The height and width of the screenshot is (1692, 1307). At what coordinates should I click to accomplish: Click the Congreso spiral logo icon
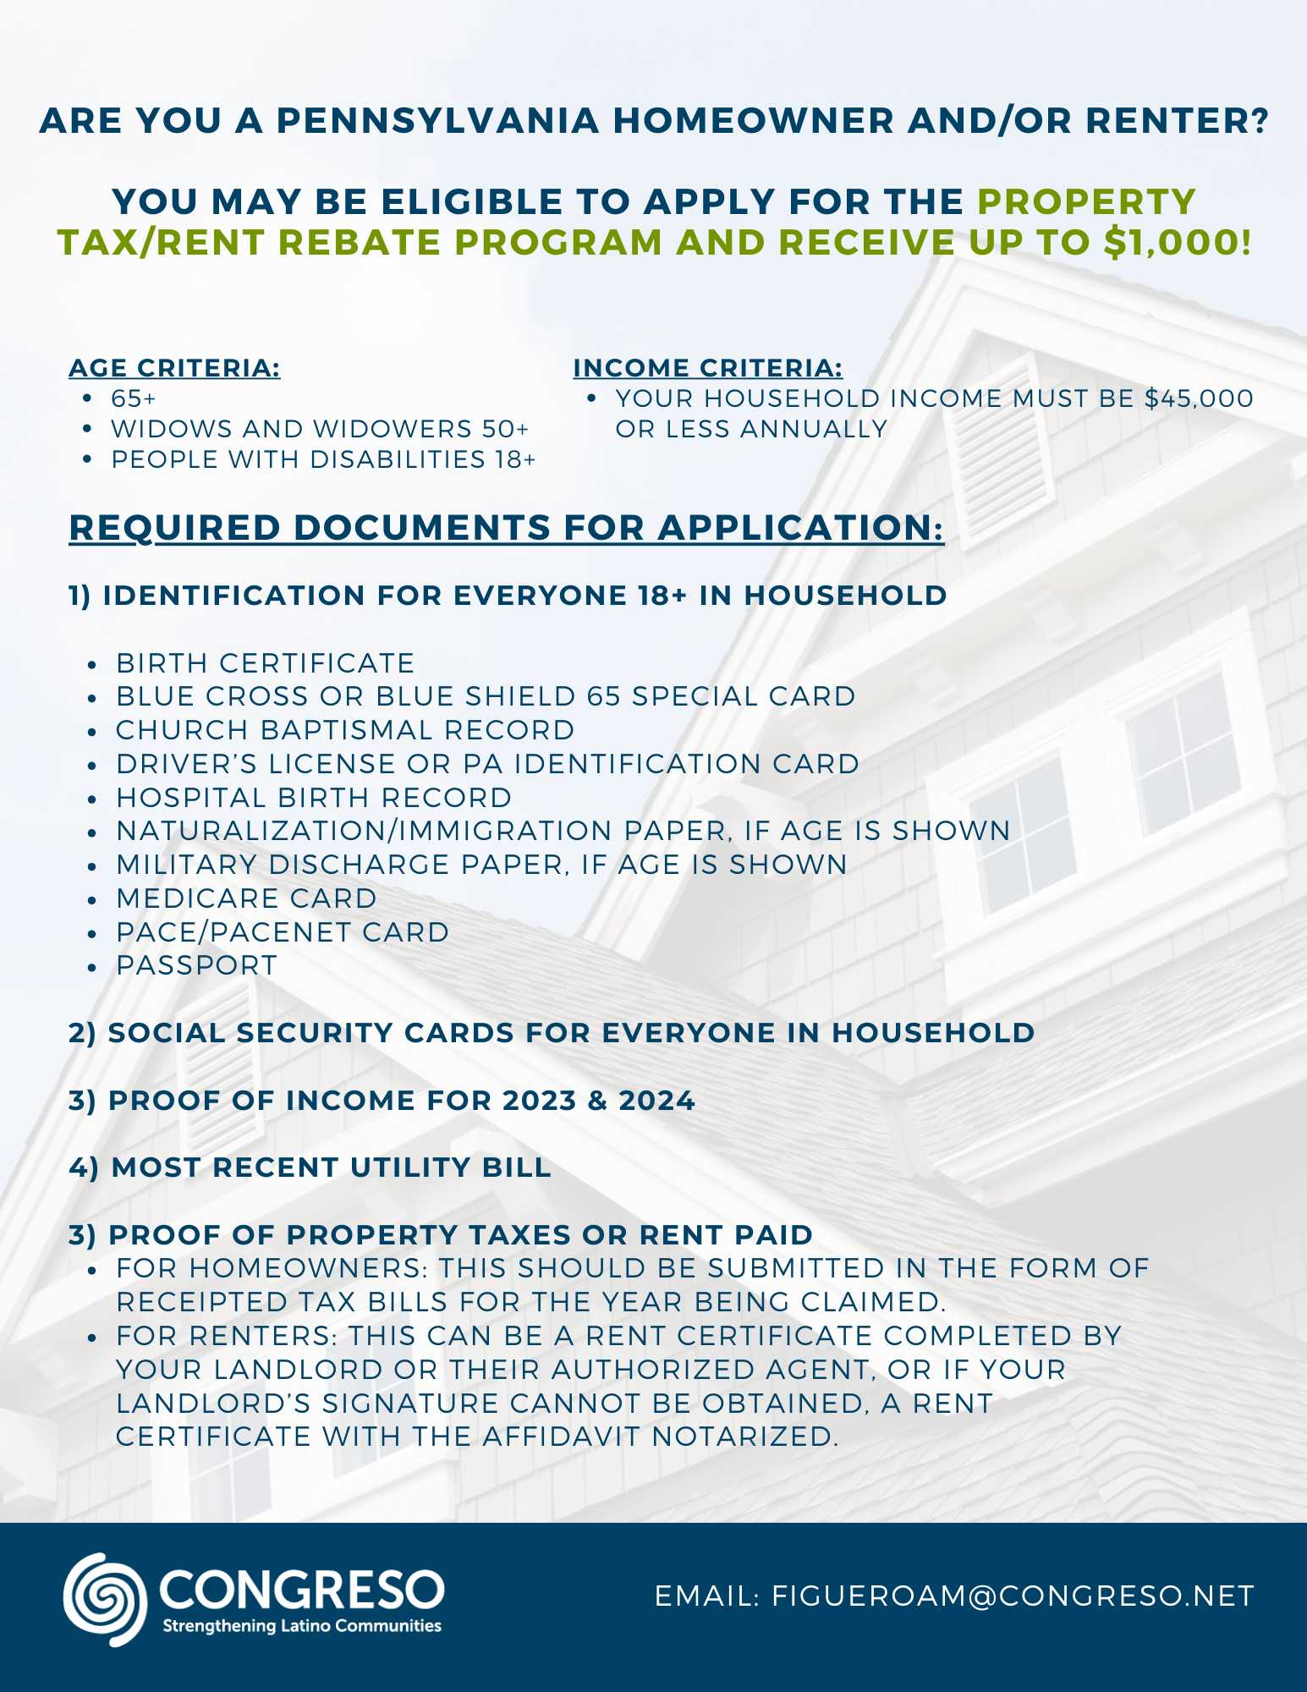tap(105, 1598)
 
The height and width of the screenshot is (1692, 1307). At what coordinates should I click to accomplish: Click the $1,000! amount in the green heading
tap(1178, 243)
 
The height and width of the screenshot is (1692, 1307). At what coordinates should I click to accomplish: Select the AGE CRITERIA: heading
tap(174, 368)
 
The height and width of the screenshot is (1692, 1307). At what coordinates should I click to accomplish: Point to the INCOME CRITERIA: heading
tap(708, 368)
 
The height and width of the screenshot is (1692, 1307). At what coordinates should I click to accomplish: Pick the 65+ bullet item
tap(134, 398)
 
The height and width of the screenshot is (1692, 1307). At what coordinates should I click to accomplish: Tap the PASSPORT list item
tap(197, 965)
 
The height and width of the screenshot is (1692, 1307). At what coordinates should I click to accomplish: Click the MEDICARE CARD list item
tap(246, 898)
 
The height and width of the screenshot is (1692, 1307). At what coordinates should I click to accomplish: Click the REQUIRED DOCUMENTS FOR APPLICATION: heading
tap(506, 528)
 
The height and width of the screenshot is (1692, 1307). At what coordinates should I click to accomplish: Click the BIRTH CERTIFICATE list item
tap(266, 663)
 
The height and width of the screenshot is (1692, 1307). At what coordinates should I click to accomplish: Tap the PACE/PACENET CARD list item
tap(283, 932)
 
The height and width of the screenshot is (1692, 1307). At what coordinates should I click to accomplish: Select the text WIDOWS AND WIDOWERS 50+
tap(320, 429)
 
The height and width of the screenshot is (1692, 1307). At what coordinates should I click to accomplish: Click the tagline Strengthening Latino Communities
tap(302, 1626)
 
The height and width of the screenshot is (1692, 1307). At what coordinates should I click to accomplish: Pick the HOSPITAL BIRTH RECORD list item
tap(314, 798)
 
